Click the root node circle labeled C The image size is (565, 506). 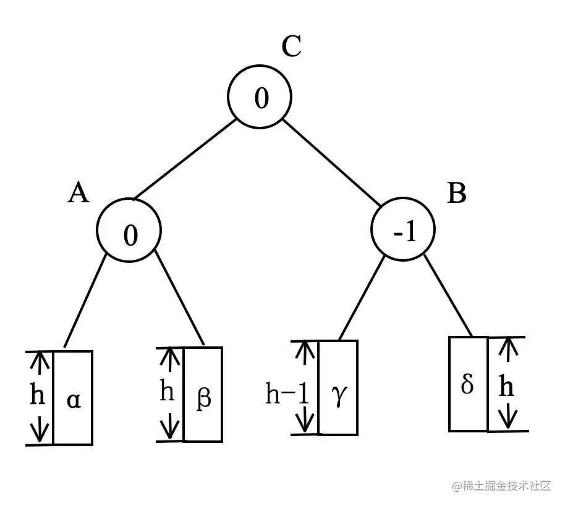pyautogui.click(x=260, y=98)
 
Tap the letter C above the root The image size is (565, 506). pyautogui.click(x=291, y=46)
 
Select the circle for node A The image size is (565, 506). pyautogui.click(x=129, y=231)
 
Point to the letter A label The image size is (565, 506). pyautogui.click(x=79, y=194)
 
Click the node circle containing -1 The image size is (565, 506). pyautogui.click(x=402, y=231)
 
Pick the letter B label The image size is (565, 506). pyautogui.click(x=456, y=194)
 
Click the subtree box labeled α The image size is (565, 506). pyautogui.click(x=73, y=398)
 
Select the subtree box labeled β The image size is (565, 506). pyautogui.click(x=203, y=394)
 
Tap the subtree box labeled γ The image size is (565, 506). pyautogui.click(x=338, y=387)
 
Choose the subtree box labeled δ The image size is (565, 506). pyautogui.click(x=468, y=384)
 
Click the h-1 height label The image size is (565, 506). pyautogui.click(x=287, y=393)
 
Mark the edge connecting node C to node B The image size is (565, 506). pyautogui.click(x=334, y=162)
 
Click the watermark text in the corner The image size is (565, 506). pyautogui.click(x=501, y=486)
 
